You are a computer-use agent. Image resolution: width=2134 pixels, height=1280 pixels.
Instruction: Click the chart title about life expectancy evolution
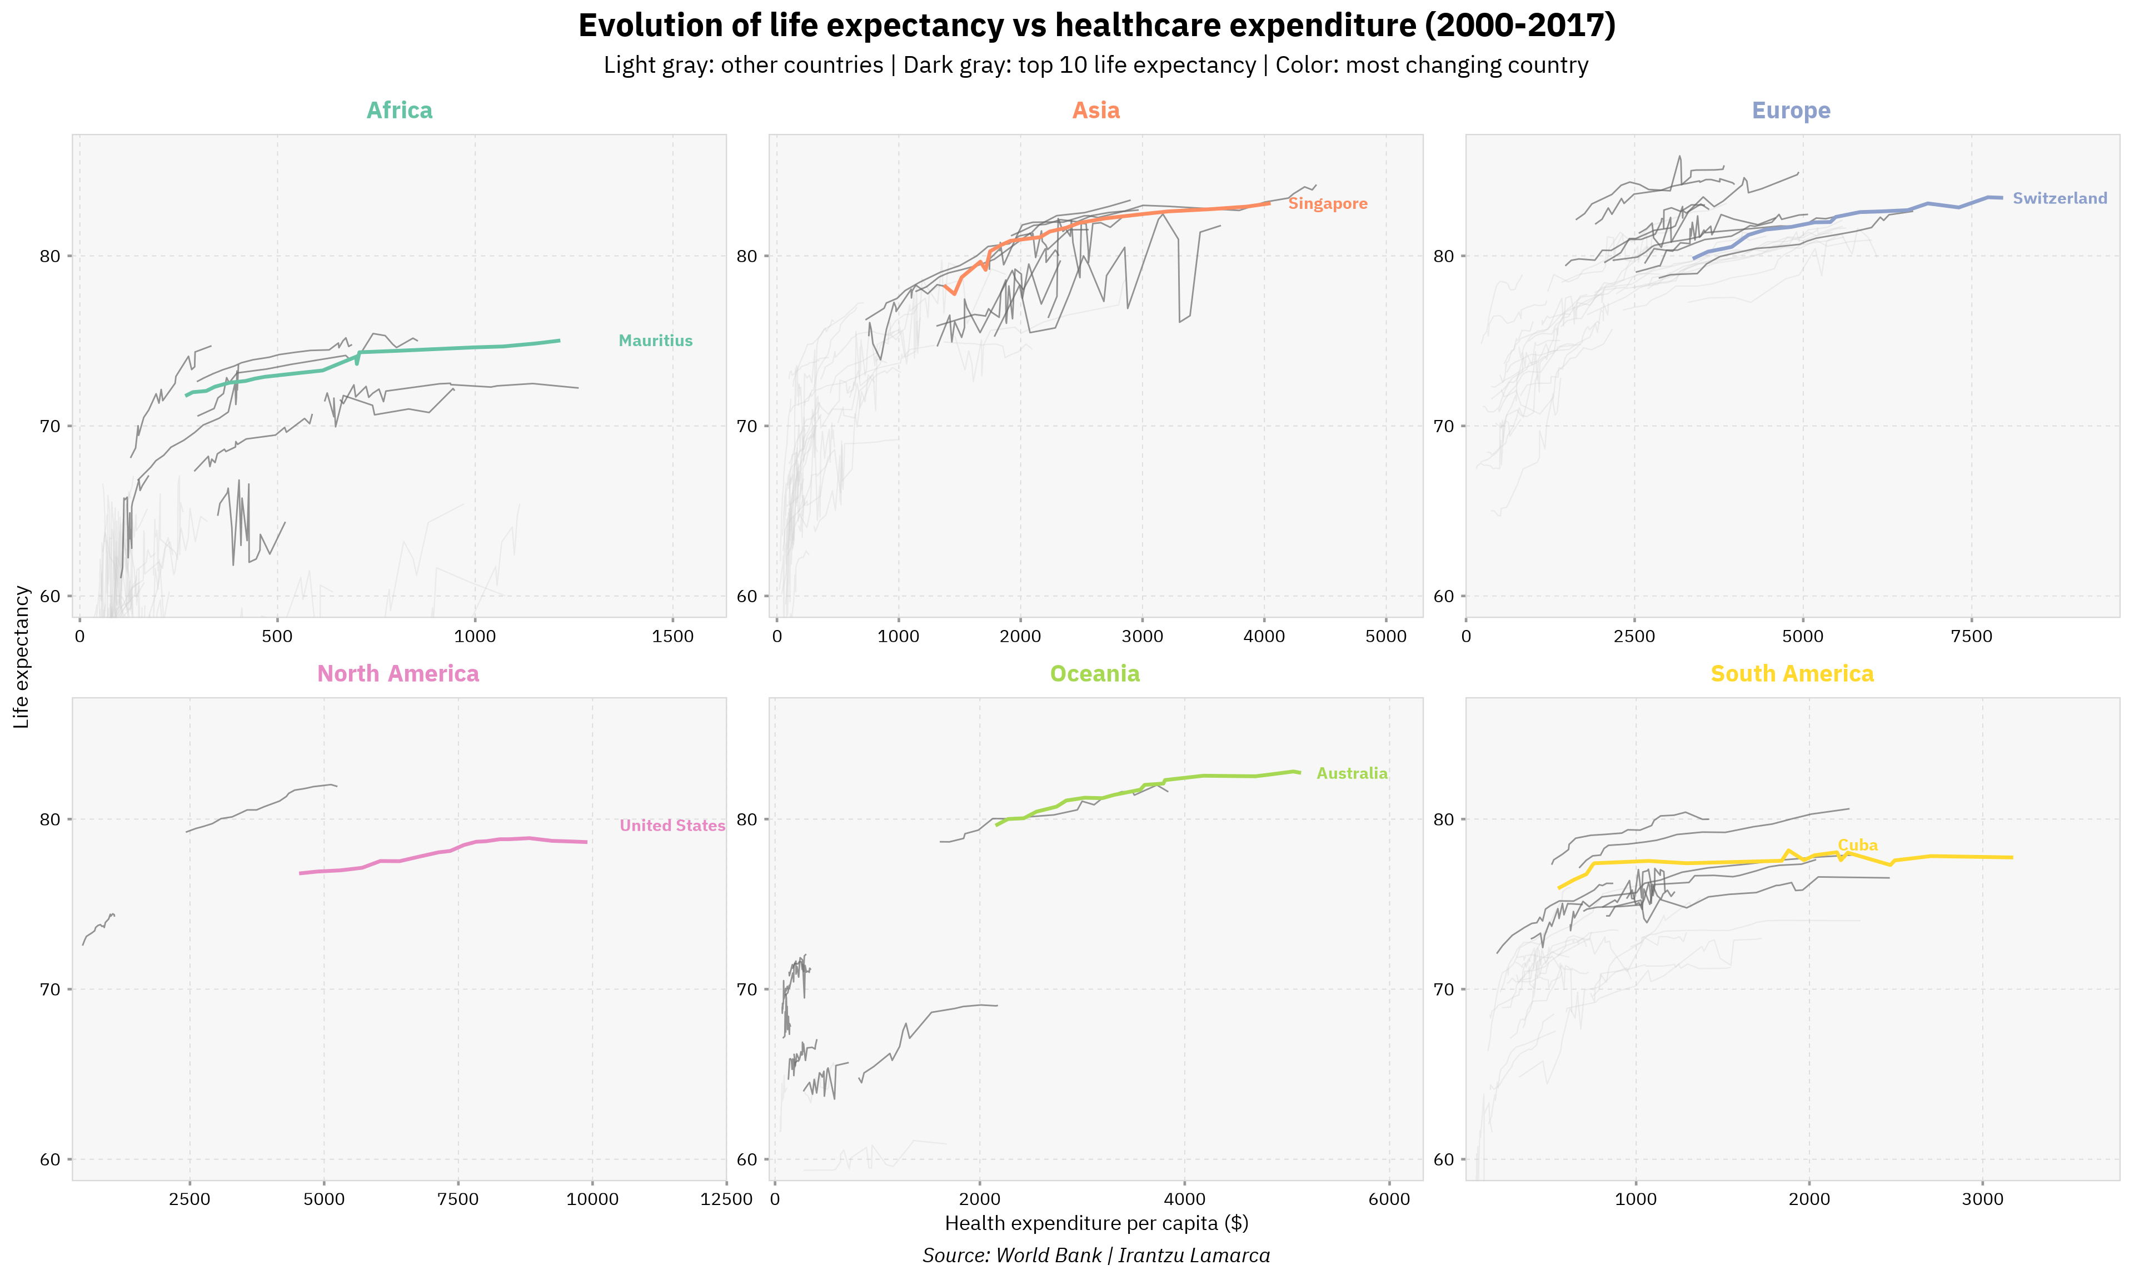[x=1096, y=26]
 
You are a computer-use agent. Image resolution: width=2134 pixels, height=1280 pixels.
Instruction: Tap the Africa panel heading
[x=400, y=111]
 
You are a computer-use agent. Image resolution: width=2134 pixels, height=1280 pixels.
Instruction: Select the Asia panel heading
[x=1095, y=111]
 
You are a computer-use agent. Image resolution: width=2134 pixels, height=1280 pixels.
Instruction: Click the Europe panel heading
[x=1791, y=111]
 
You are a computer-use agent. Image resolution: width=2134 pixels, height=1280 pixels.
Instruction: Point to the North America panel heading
[x=398, y=674]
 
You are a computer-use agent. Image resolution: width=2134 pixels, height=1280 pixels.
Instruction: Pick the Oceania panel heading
[x=1095, y=674]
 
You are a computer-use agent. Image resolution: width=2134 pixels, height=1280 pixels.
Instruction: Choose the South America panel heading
[x=1792, y=674]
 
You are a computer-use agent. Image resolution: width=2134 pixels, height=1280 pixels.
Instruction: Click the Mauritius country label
[x=656, y=341]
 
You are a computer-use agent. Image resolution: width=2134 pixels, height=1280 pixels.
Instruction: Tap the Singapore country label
[x=1328, y=203]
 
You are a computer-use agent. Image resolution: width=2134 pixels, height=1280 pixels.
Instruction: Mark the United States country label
[x=672, y=826]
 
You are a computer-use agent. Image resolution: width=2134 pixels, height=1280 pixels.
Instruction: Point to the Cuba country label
[x=1857, y=846]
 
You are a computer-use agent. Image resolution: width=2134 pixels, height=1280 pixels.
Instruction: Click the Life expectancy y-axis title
[x=22, y=657]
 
